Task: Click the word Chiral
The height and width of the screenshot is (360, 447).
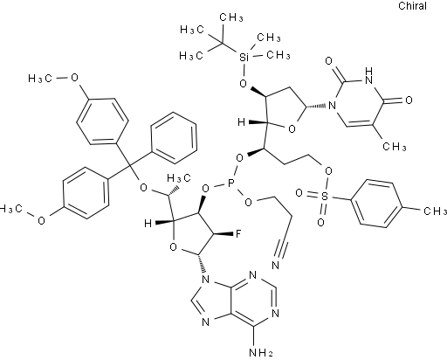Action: click(x=412, y=6)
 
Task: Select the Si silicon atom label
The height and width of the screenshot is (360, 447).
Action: click(x=244, y=58)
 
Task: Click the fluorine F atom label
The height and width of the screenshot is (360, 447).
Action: click(x=237, y=233)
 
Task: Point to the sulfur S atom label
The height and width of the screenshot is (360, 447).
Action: click(x=324, y=197)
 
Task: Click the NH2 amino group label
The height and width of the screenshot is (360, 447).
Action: click(x=262, y=353)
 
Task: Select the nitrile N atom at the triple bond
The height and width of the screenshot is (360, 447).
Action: click(x=275, y=265)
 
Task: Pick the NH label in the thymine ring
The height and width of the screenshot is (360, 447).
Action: click(x=368, y=76)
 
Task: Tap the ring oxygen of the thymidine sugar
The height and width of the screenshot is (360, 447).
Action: click(x=292, y=128)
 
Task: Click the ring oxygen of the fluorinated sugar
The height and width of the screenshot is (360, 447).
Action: click(x=173, y=247)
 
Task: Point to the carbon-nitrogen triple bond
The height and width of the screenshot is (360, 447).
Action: click(x=284, y=241)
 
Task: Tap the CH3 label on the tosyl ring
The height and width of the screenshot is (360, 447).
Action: click(x=435, y=211)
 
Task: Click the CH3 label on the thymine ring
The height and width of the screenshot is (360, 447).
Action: click(x=394, y=147)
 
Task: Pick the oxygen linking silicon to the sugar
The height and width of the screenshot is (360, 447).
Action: click(x=243, y=84)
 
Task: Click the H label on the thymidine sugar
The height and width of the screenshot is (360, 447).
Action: click(x=241, y=122)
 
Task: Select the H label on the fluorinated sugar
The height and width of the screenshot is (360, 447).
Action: click(x=148, y=224)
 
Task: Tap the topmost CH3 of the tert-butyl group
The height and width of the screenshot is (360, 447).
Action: click(x=231, y=17)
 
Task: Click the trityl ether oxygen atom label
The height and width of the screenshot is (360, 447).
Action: click(x=143, y=188)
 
